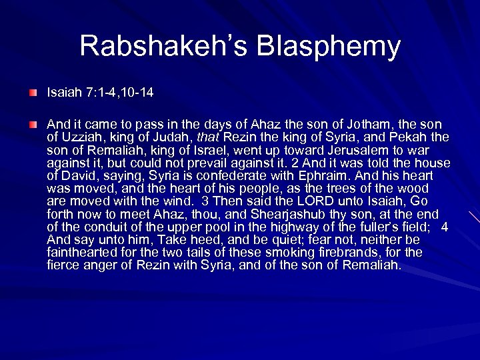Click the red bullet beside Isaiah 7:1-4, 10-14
tap(33, 91)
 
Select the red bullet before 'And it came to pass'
tap(33, 124)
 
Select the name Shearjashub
tap(279, 214)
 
